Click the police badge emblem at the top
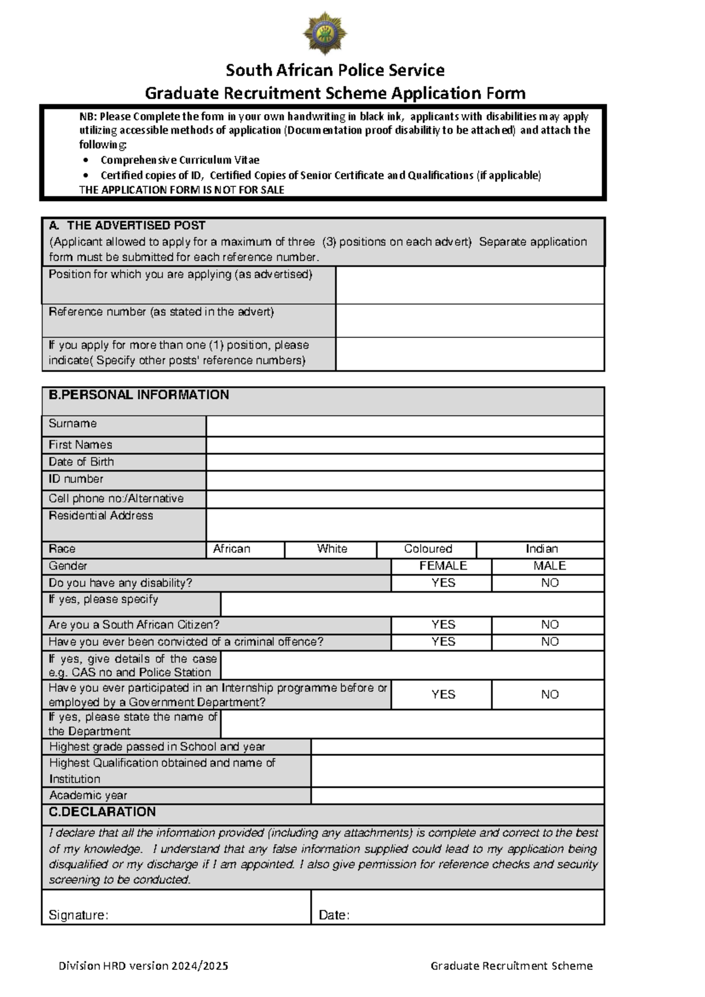324,33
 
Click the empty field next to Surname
405,426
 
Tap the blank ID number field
405,480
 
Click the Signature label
78,915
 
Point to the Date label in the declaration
334,915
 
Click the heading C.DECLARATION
102,812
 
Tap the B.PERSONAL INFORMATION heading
139,395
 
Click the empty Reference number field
469,320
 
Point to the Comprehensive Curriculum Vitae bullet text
180,160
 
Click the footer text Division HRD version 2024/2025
143,966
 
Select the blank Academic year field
457,796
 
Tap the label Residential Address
101,516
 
